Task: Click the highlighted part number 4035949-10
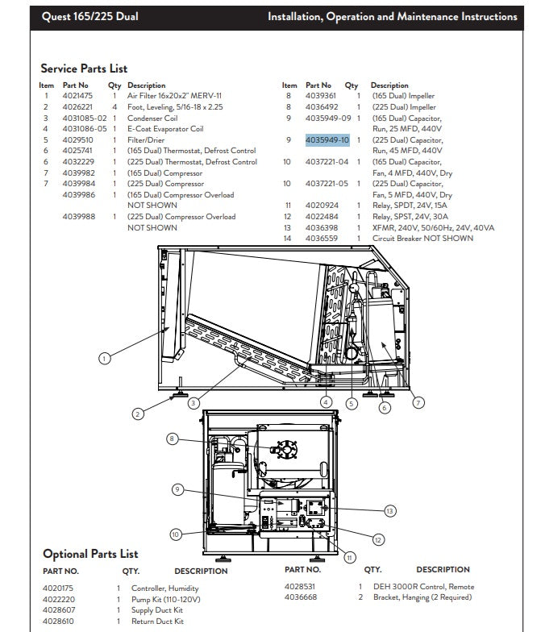click(x=327, y=140)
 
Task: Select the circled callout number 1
click(x=105, y=358)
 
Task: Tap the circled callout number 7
click(x=418, y=402)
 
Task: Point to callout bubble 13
click(x=389, y=511)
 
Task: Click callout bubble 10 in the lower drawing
click(x=176, y=534)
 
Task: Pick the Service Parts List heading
click(x=84, y=69)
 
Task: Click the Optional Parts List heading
click(x=90, y=554)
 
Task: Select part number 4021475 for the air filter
click(x=77, y=96)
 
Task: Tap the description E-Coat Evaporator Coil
click(x=165, y=129)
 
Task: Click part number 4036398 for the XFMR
click(x=322, y=227)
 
